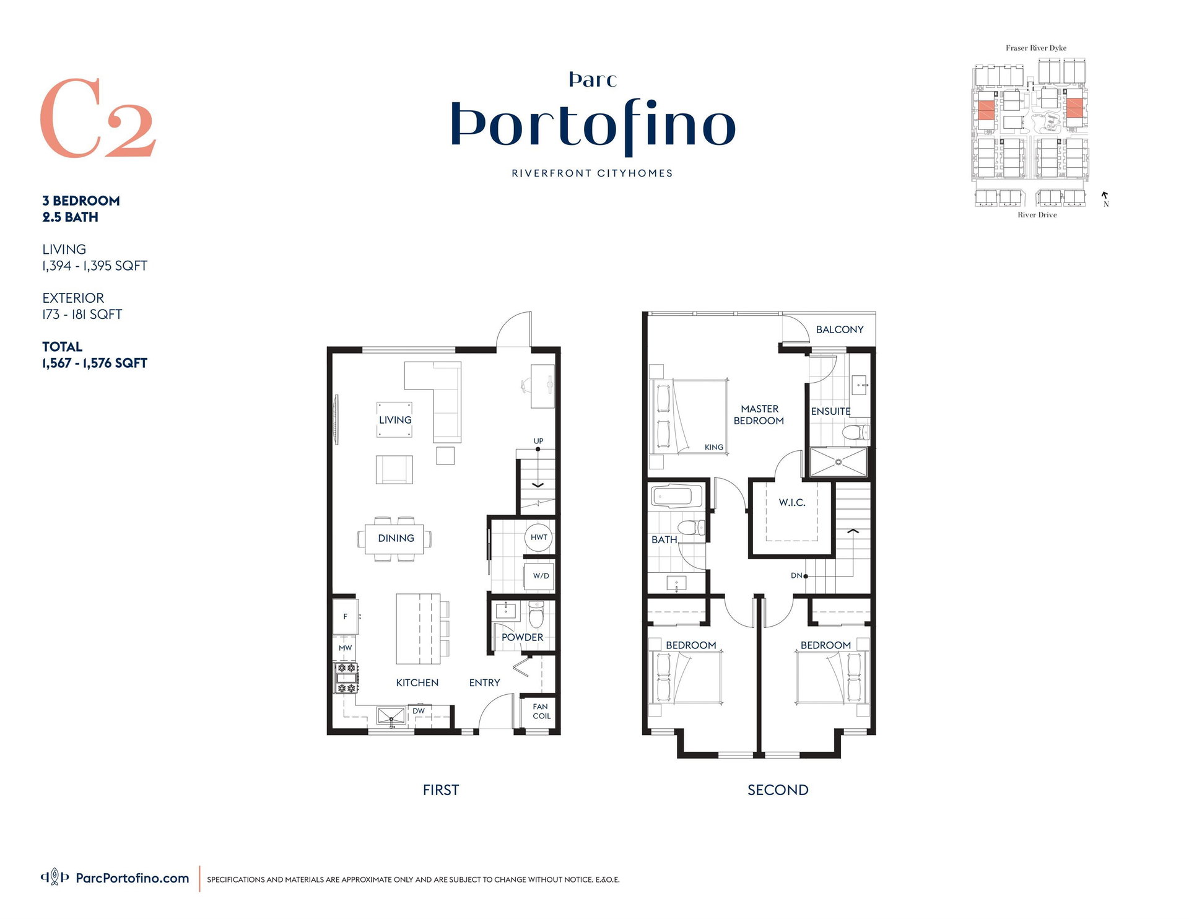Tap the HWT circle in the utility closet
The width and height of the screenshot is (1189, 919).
539,537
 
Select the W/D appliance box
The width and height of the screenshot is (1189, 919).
540,576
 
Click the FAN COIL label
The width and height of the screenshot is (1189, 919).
541,711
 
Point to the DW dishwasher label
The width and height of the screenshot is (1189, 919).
419,711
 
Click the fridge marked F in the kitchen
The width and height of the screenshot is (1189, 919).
345,616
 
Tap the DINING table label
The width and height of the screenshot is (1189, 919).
396,538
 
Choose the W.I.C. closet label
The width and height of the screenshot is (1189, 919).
792,502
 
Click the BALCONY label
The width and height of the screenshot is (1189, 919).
840,329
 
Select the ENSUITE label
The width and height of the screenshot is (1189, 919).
830,411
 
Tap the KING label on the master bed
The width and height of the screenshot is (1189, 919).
714,447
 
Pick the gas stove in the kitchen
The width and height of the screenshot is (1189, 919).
346,678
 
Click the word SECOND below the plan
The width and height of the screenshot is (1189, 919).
778,790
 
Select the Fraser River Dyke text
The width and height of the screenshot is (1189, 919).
1036,48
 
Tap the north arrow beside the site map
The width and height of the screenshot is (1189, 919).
1105,195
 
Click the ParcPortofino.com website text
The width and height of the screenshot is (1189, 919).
133,878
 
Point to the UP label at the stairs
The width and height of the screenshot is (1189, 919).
538,441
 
